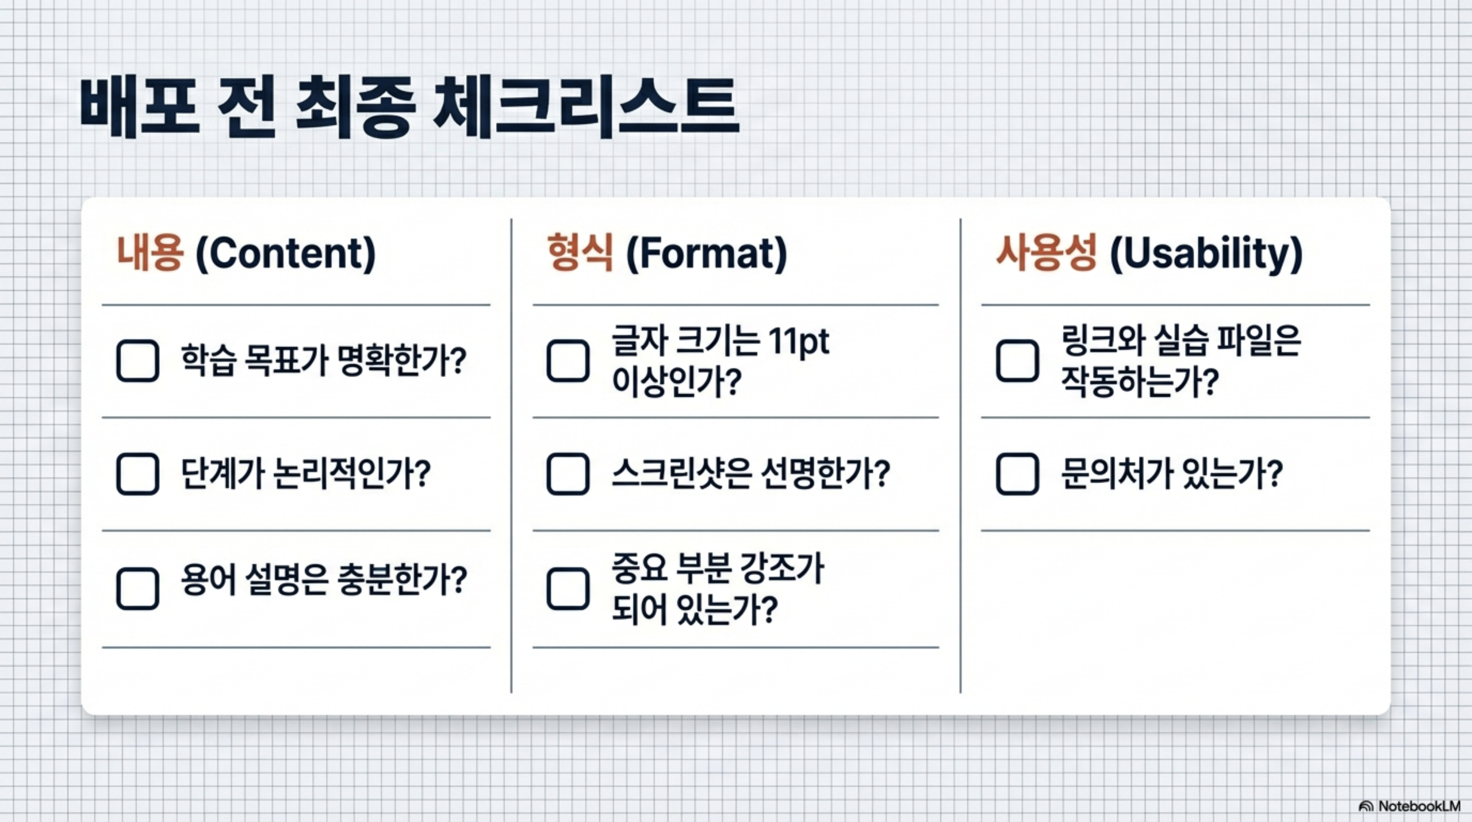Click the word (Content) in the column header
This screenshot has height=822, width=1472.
click(286, 254)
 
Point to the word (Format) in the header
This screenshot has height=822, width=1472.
click(706, 254)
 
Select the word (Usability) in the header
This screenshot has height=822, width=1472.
click(1206, 254)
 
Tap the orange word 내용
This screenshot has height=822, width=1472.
click(150, 253)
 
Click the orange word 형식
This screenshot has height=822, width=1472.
click(580, 253)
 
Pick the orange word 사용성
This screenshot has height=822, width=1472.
click(1046, 253)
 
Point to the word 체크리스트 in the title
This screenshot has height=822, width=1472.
click(585, 108)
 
